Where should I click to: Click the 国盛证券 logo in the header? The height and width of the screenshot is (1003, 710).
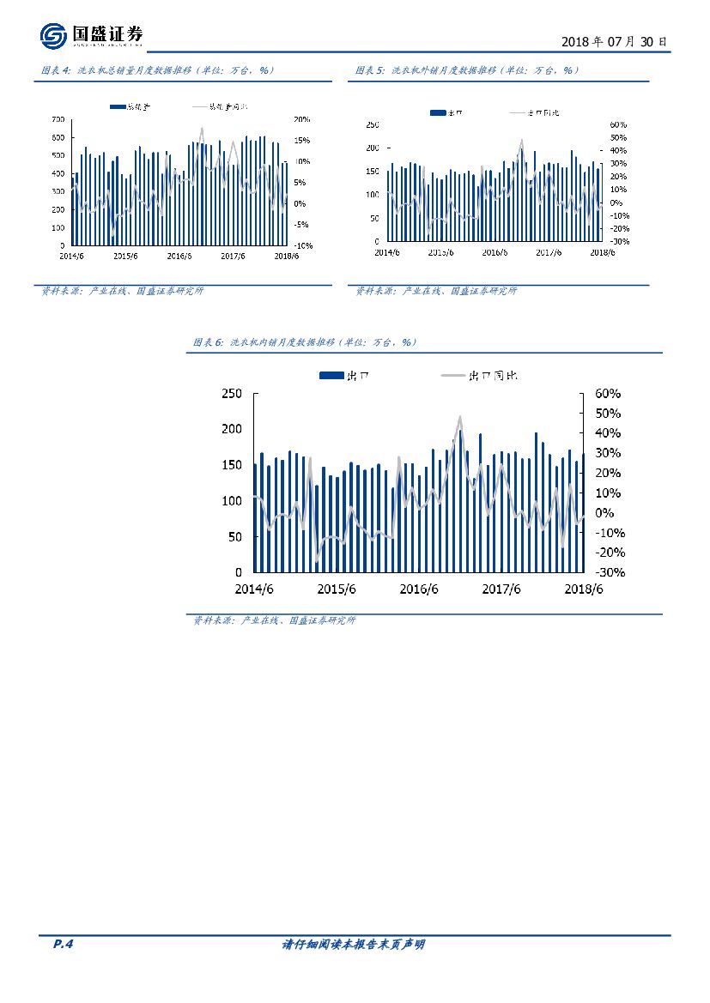tap(91, 35)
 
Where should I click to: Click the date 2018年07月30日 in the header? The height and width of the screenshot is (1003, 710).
tap(613, 41)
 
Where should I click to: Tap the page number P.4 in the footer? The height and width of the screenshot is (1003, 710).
tap(64, 945)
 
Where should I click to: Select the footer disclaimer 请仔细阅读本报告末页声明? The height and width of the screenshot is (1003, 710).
tap(354, 945)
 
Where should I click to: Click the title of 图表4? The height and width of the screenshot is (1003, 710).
tap(157, 70)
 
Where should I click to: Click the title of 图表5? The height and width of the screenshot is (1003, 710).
tap(468, 70)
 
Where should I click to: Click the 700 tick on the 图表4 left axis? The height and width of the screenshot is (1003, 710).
tap(58, 119)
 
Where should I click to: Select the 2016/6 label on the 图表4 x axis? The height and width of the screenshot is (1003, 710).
tap(179, 255)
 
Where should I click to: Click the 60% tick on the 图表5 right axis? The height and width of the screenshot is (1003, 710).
tap(618, 124)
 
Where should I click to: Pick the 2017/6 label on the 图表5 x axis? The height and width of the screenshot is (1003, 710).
tap(549, 252)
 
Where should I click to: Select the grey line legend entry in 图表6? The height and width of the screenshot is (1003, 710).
tap(481, 375)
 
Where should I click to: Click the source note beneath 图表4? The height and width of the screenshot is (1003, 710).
tap(123, 291)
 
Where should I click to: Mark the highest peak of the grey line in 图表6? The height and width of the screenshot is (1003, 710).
tap(460, 417)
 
